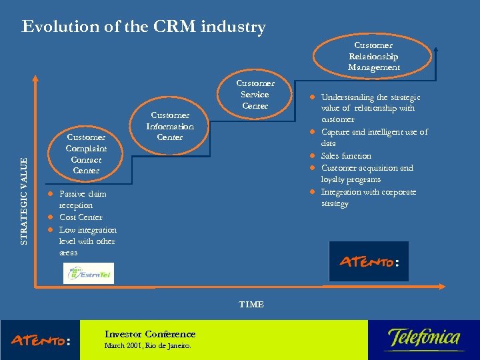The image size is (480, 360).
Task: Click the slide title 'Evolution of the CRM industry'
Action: point(143,27)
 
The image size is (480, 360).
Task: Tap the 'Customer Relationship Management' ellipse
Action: point(373,56)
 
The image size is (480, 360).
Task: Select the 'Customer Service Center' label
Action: point(255,95)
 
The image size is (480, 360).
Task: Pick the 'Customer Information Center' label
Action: point(170,126)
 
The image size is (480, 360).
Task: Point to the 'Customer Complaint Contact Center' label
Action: point(87,154)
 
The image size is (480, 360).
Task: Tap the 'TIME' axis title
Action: point(251,305)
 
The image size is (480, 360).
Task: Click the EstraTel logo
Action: point(89,273)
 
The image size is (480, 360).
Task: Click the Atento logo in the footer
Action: point(41,340)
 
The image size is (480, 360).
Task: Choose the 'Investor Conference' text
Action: point(150,334)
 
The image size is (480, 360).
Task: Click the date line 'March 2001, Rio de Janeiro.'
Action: point(147,346)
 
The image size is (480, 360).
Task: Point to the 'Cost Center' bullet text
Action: point(81,217)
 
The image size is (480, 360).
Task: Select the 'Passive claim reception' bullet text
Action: point(83,199)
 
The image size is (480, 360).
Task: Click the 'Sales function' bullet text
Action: point(346,156)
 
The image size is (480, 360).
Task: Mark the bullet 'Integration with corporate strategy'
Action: point(368,197)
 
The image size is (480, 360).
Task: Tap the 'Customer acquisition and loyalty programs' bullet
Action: point(367,173)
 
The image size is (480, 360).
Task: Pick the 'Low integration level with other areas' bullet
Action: point(87,241)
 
